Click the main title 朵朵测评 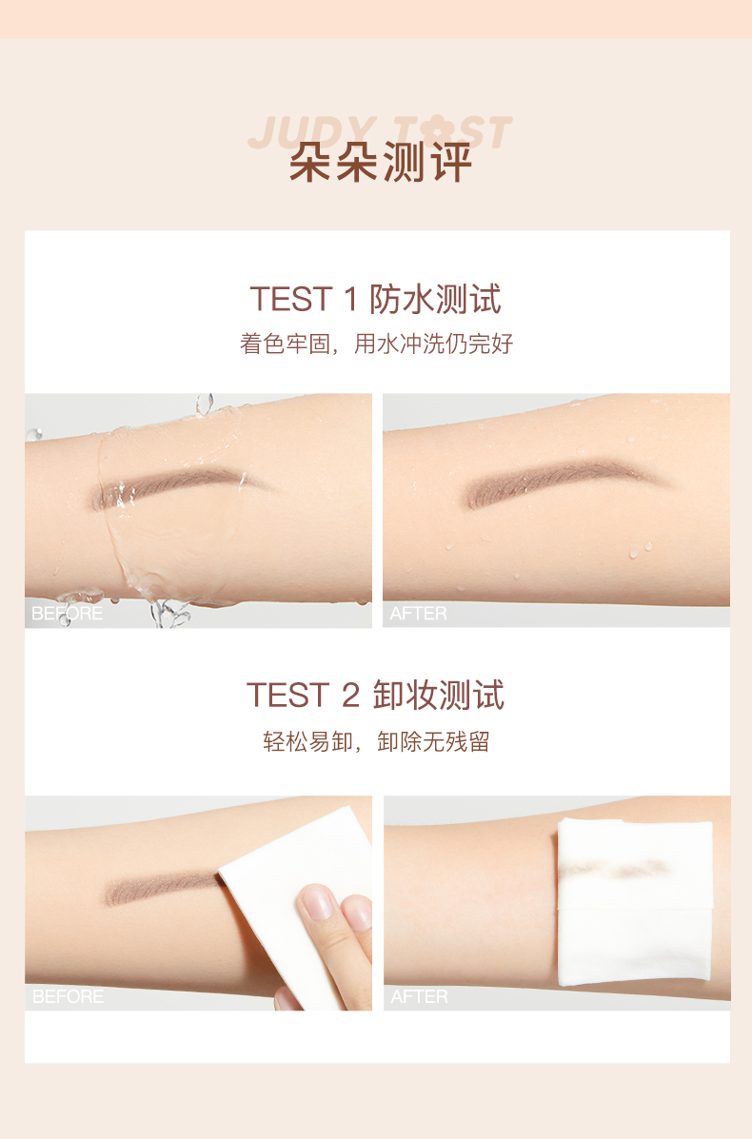coord(381,162)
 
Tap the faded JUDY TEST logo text coord(380,132)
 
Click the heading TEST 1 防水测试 coord(376,300)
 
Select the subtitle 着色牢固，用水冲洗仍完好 coord(376,344)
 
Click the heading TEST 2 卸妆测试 coord(376,696)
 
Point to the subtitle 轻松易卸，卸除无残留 coord(376,741)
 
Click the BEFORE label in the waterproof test coord(67,614)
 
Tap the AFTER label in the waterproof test coord(419,614)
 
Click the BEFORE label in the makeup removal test coord(68,996)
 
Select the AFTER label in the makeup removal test coord(419,996)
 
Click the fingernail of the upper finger coord(316,903)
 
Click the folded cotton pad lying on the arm coord(634,902)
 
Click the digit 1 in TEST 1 coord(351,300)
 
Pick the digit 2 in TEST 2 coord(351,696)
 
